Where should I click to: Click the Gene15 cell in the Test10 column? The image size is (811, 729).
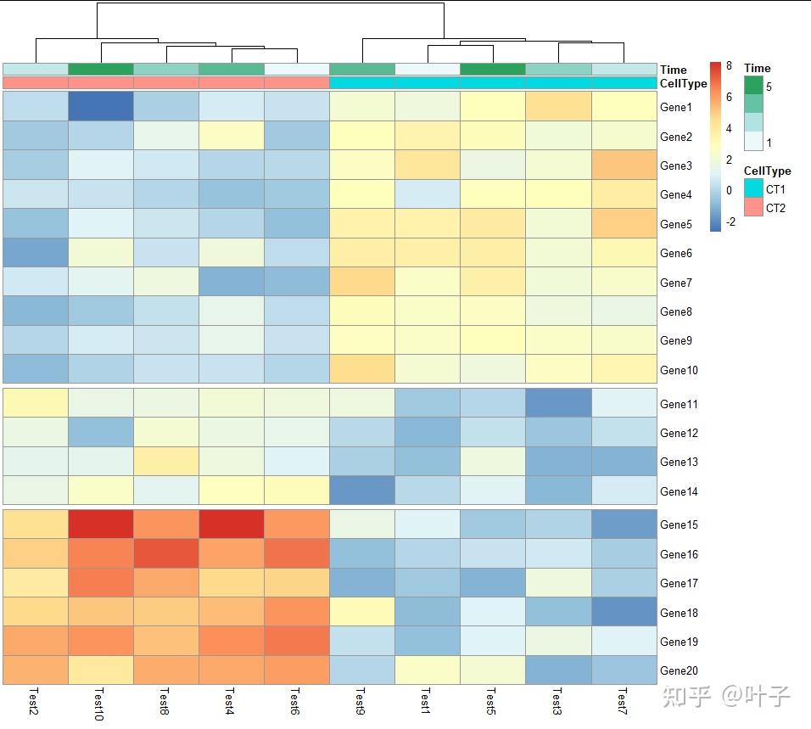(101, 524)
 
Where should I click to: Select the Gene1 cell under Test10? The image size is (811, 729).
(101, 107)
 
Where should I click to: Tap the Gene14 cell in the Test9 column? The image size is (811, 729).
(362, 491)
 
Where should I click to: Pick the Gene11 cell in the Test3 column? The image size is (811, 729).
(558, 404)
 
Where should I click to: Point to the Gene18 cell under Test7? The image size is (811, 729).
(624, 612)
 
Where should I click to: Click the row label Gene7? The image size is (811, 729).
(676, 283)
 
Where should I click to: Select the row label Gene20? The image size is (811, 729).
(679, 670)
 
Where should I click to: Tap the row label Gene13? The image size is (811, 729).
(679, 462)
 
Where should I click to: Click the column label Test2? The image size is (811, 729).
(34, 701)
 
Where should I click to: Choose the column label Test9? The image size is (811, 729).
(361, 701)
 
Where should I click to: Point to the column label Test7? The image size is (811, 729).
(624, 701)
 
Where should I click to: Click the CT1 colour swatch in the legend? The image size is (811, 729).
(753, 188)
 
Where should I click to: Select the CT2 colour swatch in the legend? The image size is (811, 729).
(753, 207)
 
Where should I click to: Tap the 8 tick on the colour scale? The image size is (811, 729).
(728, 66)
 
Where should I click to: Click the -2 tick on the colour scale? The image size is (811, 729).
(730, 223)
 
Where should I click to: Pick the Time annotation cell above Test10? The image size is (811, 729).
(101, 69)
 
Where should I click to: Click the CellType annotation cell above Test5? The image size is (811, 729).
(493, 83)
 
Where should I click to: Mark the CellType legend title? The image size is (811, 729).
(767, 171)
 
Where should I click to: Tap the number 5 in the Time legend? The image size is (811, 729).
(769, 87)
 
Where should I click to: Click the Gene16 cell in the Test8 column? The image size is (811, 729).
(166, 554)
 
